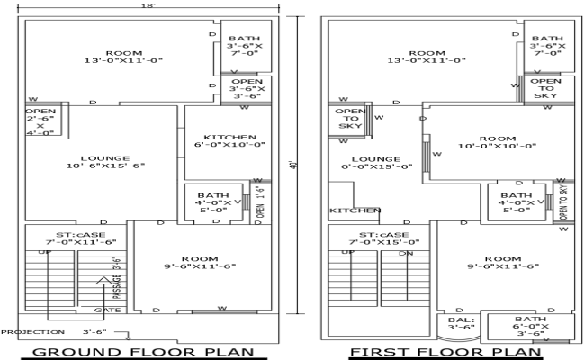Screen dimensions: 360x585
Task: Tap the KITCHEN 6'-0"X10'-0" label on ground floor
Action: point(226,141)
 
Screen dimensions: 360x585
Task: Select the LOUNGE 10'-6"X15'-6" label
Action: point(104,161)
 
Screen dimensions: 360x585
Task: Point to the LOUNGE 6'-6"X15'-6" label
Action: point(376,162)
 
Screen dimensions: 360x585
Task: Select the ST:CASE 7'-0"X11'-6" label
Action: point(79,238)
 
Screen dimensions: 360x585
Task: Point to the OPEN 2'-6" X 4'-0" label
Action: point(40,122)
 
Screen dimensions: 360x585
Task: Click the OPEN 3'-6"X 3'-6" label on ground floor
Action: point(246,89)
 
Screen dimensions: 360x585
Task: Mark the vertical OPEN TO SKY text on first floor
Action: point(564,202)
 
